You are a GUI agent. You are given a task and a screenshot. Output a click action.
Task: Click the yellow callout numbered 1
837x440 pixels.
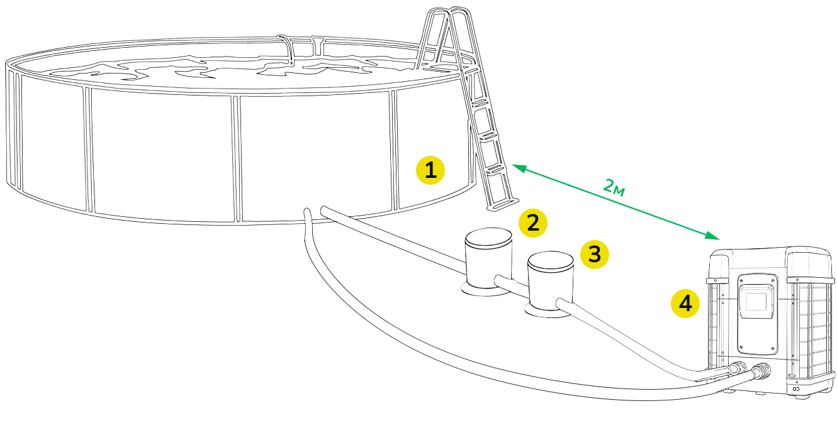click(430, 170)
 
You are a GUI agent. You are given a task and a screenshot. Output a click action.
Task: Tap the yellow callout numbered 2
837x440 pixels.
click(532, 223)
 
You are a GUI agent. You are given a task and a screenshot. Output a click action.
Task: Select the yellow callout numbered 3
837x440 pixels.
click(594, 255)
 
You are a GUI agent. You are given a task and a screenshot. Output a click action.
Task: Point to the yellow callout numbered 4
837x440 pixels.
click(685, 304)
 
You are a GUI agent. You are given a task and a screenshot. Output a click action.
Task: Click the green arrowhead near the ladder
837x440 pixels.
click(519, 168)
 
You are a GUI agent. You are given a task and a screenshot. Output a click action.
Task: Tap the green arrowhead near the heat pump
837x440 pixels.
click(712, 236)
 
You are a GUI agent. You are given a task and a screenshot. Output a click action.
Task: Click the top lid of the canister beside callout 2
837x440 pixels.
click(488, 236)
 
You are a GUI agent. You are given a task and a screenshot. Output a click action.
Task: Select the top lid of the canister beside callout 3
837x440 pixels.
click(551, 260)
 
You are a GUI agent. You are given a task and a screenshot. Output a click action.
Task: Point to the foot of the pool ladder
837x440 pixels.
click(503, 204)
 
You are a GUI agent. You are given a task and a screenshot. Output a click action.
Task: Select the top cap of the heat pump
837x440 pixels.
click(772, 261)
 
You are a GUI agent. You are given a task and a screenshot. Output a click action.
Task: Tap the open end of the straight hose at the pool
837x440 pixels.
click(324, 211)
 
